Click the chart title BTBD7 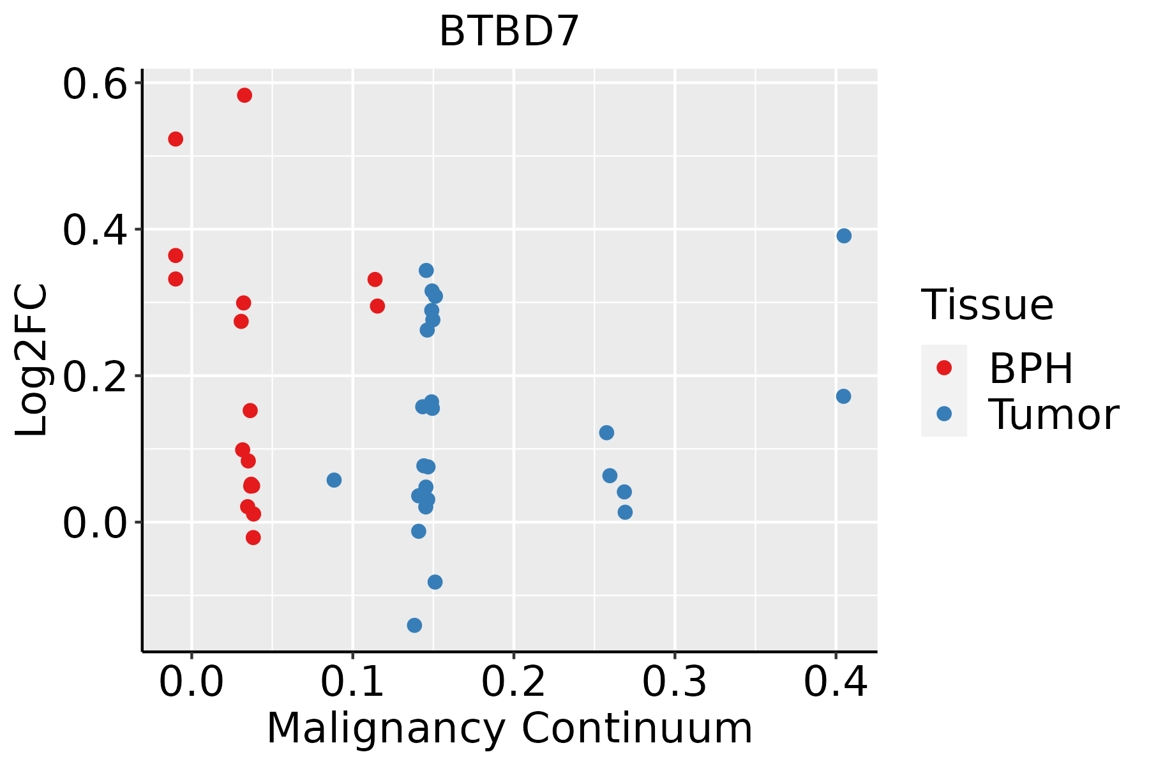point(509,31)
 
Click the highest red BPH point point(244,95)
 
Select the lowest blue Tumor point point(414,625)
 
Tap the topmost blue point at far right point(844,236)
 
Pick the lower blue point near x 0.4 point(843,396)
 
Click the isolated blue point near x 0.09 point(334,480)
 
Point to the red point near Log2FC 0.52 point(176,139)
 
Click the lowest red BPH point point(253,537)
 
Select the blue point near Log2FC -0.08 point(435,582)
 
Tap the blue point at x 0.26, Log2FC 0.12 point(606,433)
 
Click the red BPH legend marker point(943,368)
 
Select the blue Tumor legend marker point(943,414)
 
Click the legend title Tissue point(988,305)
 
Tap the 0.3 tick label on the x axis point(674,682)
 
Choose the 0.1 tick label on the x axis point(352,682)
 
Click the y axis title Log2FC point(32,361)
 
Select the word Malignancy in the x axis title point(386,728)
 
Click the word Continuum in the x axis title point(636,728)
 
